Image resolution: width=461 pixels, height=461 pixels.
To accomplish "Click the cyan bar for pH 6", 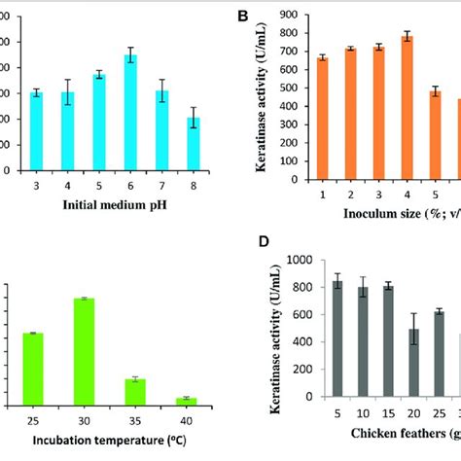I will coord(143,112).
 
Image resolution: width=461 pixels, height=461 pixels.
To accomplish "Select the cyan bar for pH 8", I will coord(194,144).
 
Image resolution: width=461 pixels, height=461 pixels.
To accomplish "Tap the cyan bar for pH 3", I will coord(36,131).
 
